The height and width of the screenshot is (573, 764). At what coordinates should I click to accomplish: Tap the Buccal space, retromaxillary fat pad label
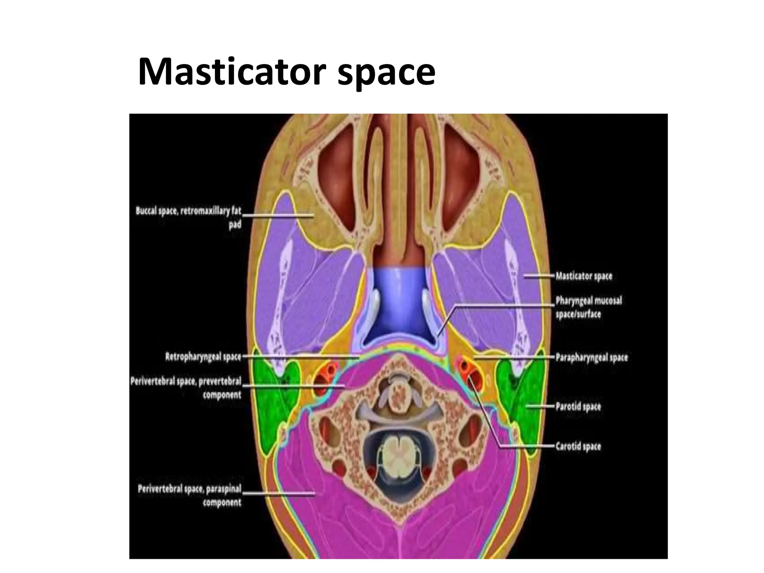[x=188, y=217]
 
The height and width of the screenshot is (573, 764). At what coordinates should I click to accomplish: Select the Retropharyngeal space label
[x=203, y=357]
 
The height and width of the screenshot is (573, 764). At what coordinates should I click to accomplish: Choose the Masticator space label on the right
[x=584, y=276]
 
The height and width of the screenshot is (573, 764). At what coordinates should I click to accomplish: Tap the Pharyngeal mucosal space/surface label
[x=589, y=307]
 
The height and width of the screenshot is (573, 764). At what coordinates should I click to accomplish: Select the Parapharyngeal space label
[x=592, y=357]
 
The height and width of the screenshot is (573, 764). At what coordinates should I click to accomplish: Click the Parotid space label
[x=578, y=406]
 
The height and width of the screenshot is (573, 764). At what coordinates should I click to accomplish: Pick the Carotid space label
[x=578, y=446]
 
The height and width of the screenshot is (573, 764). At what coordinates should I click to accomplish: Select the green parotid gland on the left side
[x=274, y=407]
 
